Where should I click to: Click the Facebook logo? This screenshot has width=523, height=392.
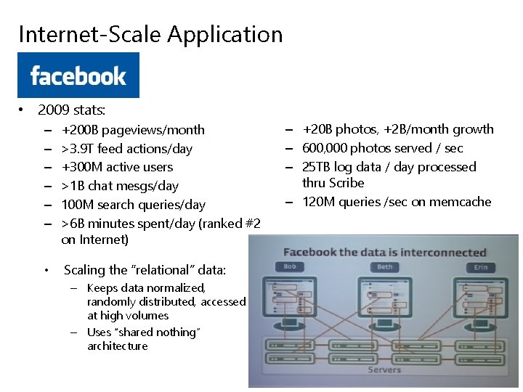tap(78, 75)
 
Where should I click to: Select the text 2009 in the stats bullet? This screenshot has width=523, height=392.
tap(53, 111)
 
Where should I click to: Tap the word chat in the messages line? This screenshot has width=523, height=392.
tap(103, 186)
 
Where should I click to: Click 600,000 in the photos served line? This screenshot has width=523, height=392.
tap(325, 148)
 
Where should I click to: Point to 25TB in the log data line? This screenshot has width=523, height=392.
tap(318, 167)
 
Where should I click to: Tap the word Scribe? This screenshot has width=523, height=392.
tap(346, 183)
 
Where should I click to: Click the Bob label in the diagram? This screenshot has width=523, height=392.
tap(288, 266)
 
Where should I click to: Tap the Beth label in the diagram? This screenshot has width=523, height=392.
tap(384, 266)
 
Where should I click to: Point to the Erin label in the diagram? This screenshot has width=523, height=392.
tap(479, 266)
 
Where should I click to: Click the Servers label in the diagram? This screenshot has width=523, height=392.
tap(384, 369)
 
